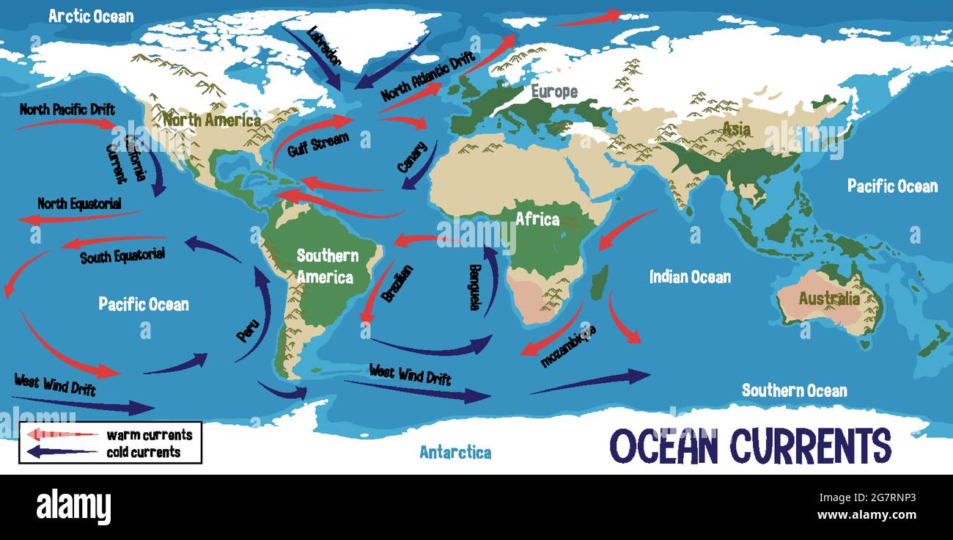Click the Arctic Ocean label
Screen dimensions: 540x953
[91, 16]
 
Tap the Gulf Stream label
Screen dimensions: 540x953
[318, 144]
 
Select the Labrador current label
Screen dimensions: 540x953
[325, 47]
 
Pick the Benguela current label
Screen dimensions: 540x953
[474, 286]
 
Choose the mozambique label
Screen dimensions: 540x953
[567, 345]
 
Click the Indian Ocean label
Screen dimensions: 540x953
[690, 277]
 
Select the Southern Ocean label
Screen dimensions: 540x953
[794, 390]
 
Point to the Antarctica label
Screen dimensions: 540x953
[455, 452]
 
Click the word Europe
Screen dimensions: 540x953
[554, 92]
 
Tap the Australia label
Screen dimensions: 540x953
[829, 299]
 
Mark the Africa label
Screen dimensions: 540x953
[537, 219]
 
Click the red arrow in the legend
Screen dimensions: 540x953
[62, 434]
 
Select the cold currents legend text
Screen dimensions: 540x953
[143, 452]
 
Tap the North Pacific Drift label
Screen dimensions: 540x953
[67, 110]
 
